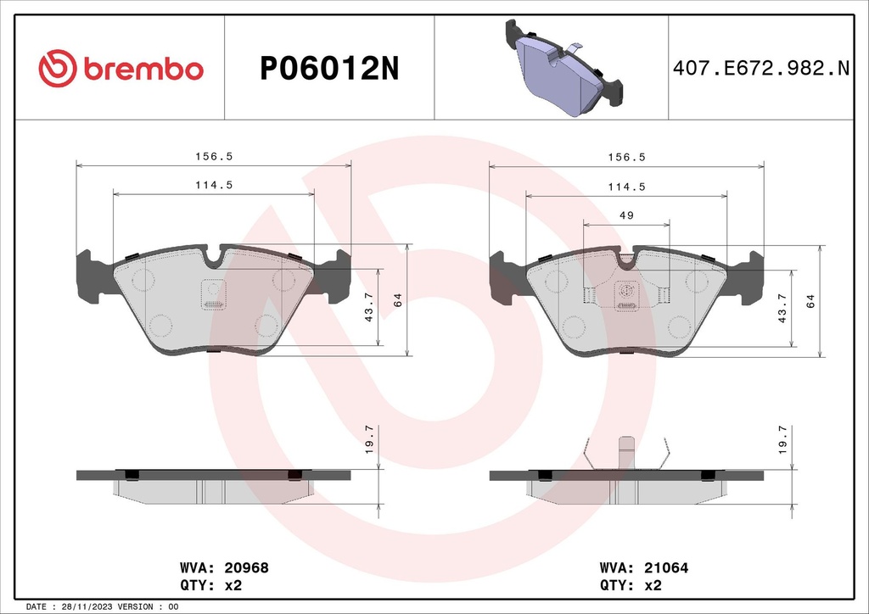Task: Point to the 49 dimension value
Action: click(x=626, y=215)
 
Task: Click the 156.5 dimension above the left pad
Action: click(x=213, y=157)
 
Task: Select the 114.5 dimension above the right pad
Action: click(x=626, y=187)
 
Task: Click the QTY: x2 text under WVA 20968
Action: click(x=213, y=585)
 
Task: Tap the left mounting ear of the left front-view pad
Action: click(x=93, y=276)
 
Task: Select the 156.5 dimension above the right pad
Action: click(x=626, y=157)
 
